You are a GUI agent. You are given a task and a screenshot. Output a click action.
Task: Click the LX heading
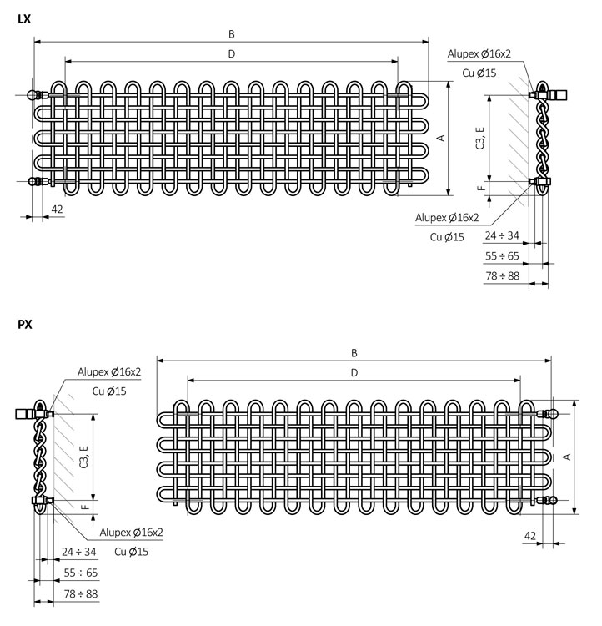point(24,18)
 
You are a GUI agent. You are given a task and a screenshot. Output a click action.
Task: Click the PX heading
point(24,326)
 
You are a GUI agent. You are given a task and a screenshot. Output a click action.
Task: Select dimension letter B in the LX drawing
point(232,34)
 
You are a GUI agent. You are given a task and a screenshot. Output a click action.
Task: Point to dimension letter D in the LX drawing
point(232,54)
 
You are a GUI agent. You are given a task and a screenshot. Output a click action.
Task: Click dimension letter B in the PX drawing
point(354,352)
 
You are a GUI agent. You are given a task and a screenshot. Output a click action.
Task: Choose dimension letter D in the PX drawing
point(354,372)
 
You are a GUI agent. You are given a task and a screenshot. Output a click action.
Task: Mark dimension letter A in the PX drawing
point(566,456)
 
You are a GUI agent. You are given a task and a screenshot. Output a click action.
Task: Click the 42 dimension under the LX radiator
point(57,209)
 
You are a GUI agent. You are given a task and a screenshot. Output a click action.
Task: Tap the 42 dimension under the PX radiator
point(530,535)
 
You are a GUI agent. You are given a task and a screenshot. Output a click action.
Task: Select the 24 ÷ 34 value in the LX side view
point(502,235)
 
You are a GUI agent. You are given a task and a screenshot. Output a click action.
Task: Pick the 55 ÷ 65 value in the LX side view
point(502,255)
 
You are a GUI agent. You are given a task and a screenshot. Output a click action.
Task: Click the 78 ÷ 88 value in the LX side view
point(502,275)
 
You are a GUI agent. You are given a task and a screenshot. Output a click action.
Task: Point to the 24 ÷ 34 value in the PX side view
point(80,552)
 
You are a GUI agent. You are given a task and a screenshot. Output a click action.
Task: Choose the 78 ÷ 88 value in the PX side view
point(80,593)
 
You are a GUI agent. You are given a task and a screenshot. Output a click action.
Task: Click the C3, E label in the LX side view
point(479,138)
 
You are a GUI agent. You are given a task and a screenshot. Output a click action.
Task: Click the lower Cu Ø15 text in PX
point(131,552)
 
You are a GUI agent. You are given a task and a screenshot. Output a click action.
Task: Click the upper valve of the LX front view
point(36,95)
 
